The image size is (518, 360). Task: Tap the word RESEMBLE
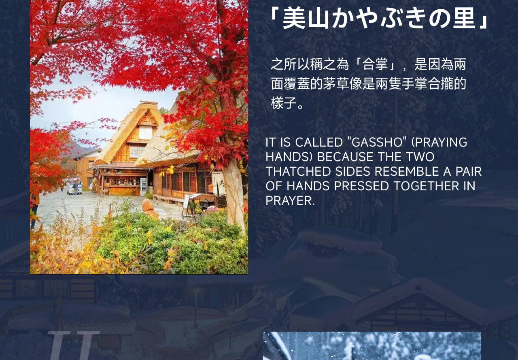407,171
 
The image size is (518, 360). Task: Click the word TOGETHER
427,186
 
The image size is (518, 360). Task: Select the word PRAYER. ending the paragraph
290,200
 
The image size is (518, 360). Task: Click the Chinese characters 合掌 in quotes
375,64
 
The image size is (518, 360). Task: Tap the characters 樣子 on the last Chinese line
284,103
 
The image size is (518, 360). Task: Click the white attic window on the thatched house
145,132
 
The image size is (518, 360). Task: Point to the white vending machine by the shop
143,187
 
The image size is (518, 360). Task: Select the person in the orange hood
150,209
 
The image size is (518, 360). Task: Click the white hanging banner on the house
219,183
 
